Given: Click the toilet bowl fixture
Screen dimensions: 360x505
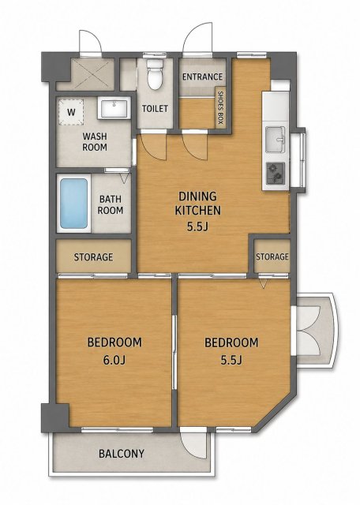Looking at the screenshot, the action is point(155,74).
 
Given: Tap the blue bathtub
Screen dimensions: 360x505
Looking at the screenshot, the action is point(73,204).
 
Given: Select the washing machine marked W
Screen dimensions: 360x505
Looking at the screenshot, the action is point(71,112).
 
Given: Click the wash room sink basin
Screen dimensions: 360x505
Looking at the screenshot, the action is point(114,108).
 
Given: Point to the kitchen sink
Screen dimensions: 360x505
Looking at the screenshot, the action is point(275,139).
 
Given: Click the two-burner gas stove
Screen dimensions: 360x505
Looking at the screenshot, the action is point(276,173).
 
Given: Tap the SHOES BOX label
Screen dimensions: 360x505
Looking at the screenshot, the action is point(220,108).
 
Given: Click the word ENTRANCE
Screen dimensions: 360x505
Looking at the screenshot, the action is point(202,77).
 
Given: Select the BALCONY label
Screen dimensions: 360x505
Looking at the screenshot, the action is point(122,454).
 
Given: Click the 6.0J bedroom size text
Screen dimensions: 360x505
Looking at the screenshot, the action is point(114,360).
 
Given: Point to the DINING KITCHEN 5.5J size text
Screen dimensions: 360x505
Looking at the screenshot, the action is point(197,226).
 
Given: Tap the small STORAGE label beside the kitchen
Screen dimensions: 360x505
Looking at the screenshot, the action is point(272,256).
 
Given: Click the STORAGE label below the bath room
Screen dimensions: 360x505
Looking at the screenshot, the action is point(93,257).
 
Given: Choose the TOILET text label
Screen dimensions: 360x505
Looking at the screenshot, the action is point(155,109).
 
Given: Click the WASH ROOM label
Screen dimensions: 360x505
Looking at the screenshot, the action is point(95,142).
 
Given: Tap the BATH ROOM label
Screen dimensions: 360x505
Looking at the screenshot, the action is point(111,205).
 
